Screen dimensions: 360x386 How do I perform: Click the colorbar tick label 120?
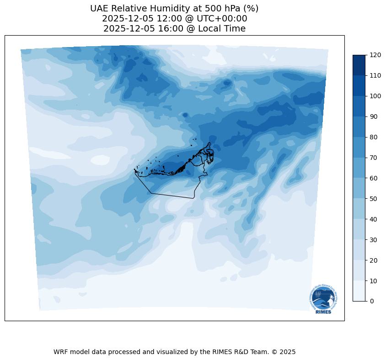click(375, 55)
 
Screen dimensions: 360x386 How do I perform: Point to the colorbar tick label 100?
click(375, 96)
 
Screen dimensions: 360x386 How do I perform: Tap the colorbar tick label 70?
click(374, 158)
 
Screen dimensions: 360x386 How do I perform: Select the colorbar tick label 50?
click(374, 199)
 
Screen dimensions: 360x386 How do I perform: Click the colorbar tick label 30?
click(374, 240)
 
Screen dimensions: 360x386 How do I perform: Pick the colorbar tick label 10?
click(374, 281)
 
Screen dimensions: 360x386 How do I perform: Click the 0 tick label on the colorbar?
click(372, 301)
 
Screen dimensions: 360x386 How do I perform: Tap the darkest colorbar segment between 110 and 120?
click(359, 65)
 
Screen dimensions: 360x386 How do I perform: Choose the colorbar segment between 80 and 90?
click(359, 127)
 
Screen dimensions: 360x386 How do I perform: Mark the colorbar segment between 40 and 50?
click(359, 209)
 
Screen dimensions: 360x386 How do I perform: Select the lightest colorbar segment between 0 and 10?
click(359, 291)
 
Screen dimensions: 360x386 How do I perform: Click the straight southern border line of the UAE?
click(172, 196)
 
